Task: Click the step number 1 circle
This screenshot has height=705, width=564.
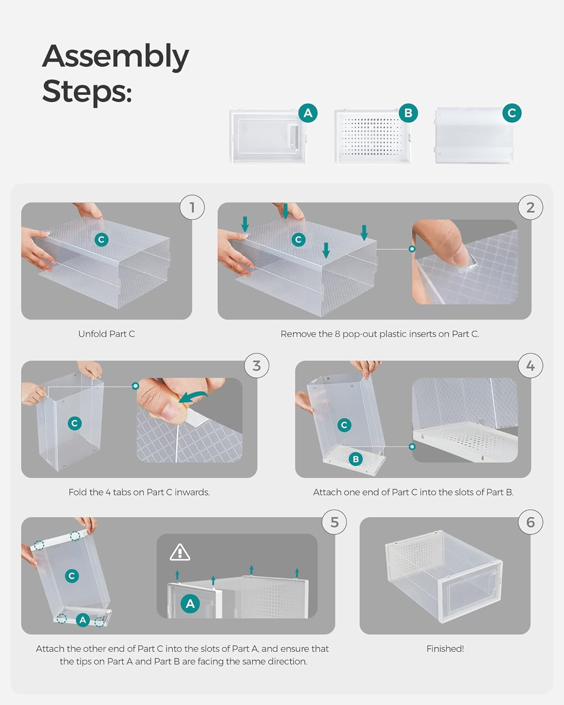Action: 192,207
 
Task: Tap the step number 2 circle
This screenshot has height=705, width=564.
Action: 530,207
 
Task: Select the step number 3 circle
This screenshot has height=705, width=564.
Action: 257,365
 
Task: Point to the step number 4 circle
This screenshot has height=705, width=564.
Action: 530,365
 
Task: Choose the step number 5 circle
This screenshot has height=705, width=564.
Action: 334,522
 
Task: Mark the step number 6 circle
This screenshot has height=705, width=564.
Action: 530,522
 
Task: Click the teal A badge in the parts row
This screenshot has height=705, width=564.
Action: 308,113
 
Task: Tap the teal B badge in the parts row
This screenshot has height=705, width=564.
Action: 408,113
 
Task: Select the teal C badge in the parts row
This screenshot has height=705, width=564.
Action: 511,113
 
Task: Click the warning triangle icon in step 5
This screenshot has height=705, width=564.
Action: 180,552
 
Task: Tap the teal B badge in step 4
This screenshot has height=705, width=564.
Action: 356,459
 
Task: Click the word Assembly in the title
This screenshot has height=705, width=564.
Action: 115,56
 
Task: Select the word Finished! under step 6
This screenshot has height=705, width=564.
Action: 445,648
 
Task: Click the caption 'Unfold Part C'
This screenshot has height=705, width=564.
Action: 107,334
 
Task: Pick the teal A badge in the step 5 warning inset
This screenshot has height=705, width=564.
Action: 190,603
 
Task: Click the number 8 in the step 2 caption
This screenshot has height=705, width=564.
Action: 337,334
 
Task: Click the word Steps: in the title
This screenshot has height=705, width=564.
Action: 87,91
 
